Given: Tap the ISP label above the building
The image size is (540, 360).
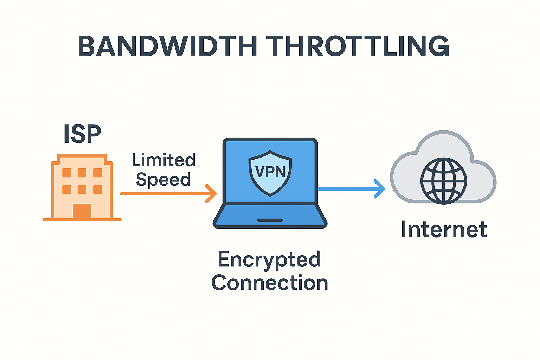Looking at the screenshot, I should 82,134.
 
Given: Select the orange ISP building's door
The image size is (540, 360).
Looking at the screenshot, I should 82,211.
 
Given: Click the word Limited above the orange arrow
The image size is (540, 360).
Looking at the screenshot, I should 163,160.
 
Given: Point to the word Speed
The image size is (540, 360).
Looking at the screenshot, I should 163,180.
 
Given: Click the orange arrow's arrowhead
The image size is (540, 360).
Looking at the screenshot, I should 212,194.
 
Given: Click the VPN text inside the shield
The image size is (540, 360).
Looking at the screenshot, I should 270,172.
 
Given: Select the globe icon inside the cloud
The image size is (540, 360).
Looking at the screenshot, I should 444,181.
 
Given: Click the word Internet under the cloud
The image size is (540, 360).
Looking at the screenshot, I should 444,230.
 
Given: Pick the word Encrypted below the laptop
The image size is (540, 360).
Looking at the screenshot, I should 269,259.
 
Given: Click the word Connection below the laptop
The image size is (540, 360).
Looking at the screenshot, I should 269,283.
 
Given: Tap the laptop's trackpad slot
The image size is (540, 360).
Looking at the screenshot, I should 270,220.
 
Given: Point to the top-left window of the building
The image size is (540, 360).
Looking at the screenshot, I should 67,173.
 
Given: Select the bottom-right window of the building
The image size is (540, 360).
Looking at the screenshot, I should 97,189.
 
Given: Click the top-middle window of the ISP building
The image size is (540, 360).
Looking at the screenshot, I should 82,173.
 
